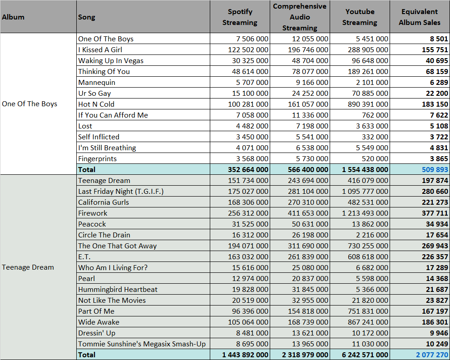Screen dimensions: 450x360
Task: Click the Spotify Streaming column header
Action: pos(240,17)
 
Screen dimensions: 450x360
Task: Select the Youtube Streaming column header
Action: pos(360,17)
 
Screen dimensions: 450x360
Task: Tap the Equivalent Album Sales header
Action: pos(419,17)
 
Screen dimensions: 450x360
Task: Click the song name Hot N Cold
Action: pos(96,104)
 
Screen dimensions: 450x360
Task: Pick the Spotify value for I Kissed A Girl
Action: pos(248,49)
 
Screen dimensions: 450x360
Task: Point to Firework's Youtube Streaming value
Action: pos(365,213)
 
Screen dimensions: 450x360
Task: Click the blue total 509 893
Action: pos(435,169)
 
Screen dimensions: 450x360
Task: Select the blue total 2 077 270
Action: pos(432,355)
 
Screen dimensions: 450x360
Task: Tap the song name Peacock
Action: pos(92,224)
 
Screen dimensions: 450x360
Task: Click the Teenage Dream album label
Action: pos(28,267)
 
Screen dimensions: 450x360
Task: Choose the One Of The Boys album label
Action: pos(30,104)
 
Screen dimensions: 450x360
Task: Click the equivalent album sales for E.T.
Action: pos(435,257)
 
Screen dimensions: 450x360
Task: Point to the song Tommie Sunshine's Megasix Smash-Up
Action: pos(142,344)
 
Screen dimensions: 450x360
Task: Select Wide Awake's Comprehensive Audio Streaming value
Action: pos(308,322)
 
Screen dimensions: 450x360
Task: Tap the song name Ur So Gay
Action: pos(94,94)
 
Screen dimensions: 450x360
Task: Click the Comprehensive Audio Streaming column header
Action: pos(300,17)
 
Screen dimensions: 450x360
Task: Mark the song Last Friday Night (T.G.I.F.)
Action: pos(121,191)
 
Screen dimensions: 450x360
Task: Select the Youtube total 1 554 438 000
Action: pos(365,169)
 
